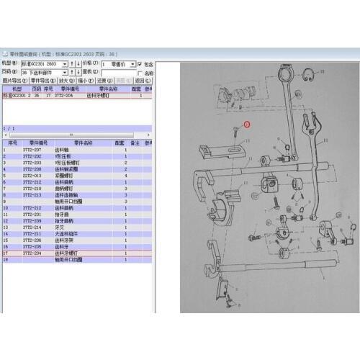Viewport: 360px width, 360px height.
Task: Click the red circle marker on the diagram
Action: (x=247, y=124)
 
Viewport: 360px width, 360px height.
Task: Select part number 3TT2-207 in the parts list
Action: (x=32, y=148)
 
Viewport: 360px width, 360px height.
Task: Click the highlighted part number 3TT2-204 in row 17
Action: (x=32, y=253)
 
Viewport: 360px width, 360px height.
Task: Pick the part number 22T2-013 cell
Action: (x=32, y=175)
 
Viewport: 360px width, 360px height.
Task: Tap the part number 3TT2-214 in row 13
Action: (x=32, y=228)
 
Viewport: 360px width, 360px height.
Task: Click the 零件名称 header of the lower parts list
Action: (x=86, y=143)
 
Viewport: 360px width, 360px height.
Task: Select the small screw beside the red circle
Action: (x=236, y=132)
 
